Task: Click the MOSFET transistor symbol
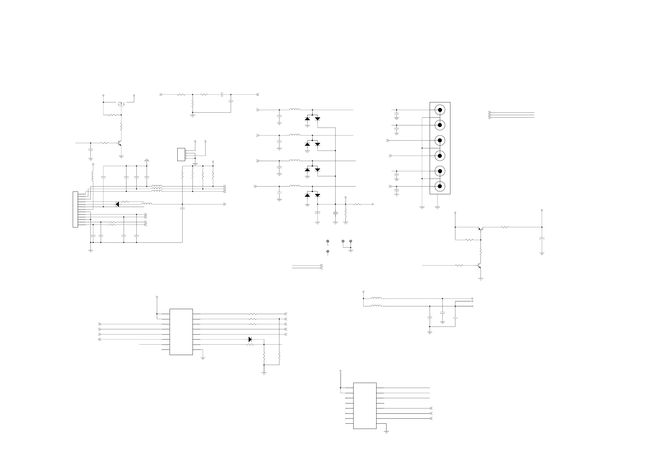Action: [121, 103]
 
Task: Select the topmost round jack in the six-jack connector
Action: [440, 110]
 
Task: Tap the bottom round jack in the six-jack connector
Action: [440, 186]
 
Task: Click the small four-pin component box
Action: [181, 154]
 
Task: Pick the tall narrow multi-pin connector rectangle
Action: [76, 209]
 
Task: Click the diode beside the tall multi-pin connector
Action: [117, 204]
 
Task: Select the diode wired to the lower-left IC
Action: [250, 339]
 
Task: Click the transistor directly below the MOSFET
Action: [120, 143]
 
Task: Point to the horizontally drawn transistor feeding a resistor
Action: [481, 229]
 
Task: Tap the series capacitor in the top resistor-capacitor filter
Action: [222, 94]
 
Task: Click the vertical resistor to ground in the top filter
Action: [193, 103]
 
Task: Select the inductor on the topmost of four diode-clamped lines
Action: [294, 109]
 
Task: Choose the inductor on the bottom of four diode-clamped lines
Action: [294, 186]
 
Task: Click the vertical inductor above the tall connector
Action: [93, 176]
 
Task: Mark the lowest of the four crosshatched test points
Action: [328, 252]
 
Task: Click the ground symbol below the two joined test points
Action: [351, 251]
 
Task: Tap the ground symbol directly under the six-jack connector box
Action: [437, 207]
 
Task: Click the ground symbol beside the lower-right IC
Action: [386, 432]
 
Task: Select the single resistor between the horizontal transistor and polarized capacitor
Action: [505, 227]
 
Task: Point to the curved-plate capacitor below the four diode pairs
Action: [317, 213]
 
